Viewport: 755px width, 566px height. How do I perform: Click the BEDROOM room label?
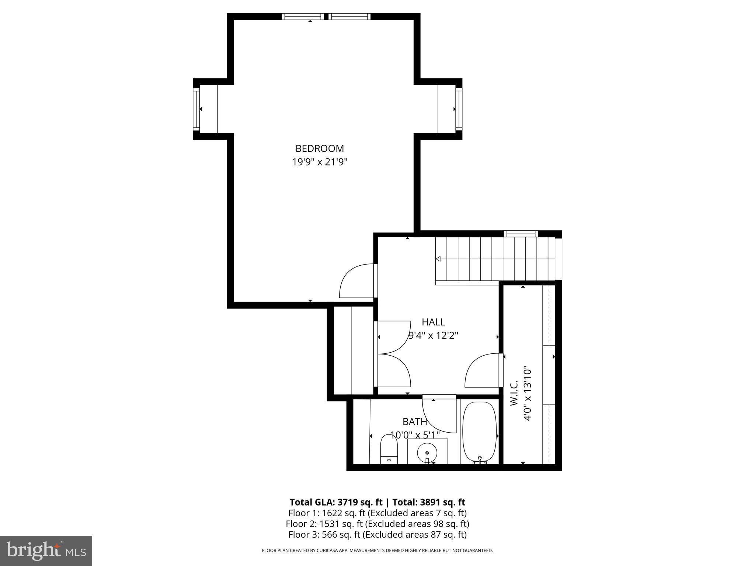tap(320, 149)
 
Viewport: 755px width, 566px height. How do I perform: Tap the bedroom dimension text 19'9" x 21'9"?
tap(320, 162)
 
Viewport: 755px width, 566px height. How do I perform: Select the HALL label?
tap(433, 322)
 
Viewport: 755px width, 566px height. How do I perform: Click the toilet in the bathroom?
tap(389, 450)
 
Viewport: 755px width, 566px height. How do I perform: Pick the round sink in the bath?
tap(427, 453)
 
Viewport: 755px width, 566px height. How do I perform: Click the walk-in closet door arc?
tap(483, 370)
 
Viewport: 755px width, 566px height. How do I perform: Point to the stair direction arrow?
tap(438, 259)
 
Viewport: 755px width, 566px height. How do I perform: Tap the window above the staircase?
tap(521, 234)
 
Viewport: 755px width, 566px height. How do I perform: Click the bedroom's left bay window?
tap(196, 109)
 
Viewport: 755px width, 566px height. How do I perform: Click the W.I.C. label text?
tap(514, 393)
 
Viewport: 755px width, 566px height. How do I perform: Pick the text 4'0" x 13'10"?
tap(528, 393)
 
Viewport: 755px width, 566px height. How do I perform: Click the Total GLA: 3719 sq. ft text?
tap(336, 502)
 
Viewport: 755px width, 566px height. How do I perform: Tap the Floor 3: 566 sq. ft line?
tap(377, 534)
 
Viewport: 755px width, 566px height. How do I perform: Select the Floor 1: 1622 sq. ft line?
tap(377, 513)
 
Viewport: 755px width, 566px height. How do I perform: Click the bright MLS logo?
tap(46, 551)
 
